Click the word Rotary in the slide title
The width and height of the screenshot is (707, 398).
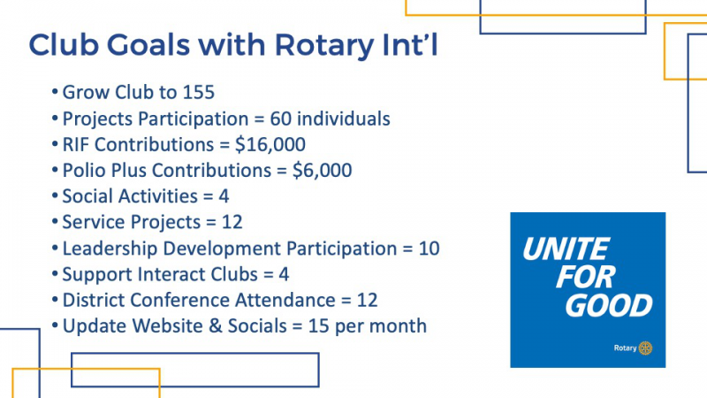pyautogui.click(x=324, y=46)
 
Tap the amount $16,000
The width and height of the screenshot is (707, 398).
pyautogui.click(x=270, y=145)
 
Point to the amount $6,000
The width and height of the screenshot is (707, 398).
pyautogui.click(x=322, y=171)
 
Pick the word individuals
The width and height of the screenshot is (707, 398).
pyautogui.click(x=344, y=119)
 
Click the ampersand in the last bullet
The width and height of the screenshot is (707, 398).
pyautogui.click(x=216, y=326)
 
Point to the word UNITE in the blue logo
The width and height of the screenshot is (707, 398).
pyautogui.click(x=566, y=249)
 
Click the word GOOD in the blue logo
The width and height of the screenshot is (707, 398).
pyautogui.click(x=609, y=305)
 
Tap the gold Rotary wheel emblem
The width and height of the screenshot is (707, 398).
pyautogui.click(x=646, y=348)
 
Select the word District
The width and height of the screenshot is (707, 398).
pyautogui.click(x=94, y=301)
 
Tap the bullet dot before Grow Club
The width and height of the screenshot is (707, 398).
pyautogui.click(x=55, y=93)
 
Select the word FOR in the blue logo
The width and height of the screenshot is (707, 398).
pyautogui.click(x=585, y=277)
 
